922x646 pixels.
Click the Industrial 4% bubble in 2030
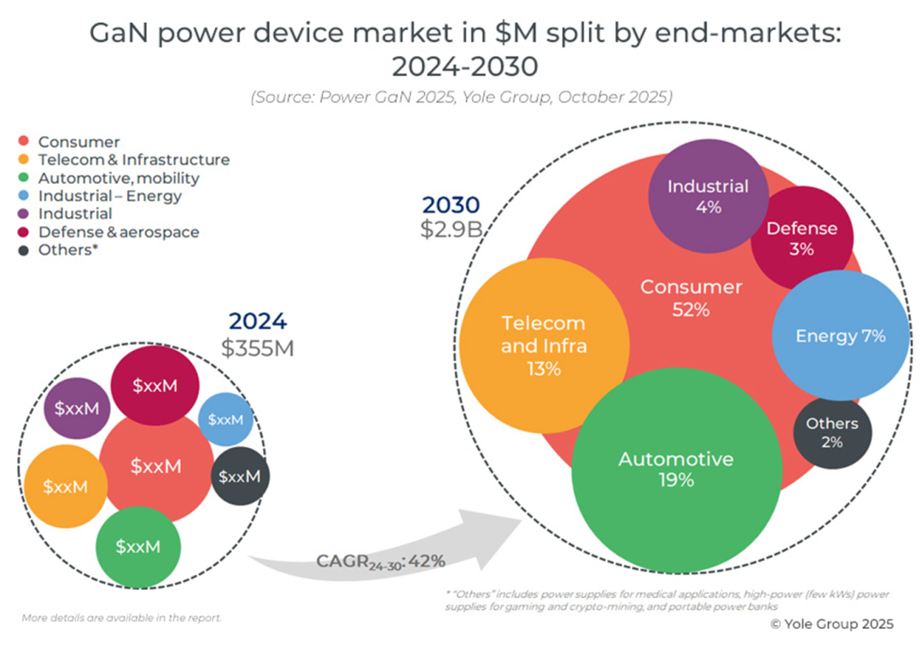(x=707, y=197)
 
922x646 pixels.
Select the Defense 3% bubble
(x=802, y=238)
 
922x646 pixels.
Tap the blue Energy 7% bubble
(x=840, y=336)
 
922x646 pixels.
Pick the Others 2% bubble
(x=832, y=432)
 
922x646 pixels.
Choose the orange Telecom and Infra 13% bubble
(x=544, y=345)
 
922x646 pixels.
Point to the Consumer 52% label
(x=691, y=297)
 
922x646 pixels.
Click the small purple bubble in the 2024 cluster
(x=77, y=408)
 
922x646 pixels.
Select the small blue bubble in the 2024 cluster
(x=226, y=420)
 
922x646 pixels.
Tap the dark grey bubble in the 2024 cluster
(x=240, y=476)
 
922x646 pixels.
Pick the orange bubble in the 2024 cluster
(x=66, y=486)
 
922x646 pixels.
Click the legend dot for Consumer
(x=25, y=142)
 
